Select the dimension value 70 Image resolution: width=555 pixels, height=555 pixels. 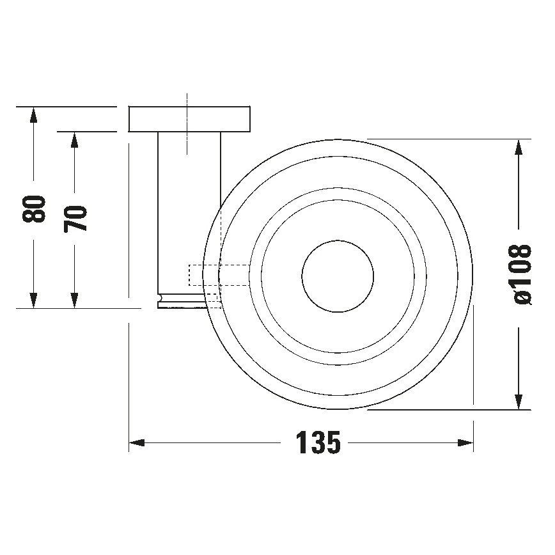(75, 218)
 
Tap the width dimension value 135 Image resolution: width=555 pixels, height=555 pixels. (317, 442)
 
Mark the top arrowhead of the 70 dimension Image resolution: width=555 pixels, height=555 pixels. (75, 140)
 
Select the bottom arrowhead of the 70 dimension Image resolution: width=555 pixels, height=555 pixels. (75, 300)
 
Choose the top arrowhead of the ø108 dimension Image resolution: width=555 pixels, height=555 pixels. (521, 148)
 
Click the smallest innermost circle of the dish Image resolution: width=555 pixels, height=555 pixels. (337, 277)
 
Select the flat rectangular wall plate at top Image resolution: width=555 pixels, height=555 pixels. (189, 119)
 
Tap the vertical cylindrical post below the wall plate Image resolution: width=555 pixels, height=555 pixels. (189, 211)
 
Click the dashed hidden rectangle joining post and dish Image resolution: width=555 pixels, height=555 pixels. (217, 275)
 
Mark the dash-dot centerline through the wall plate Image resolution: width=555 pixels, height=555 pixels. (187, 125)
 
